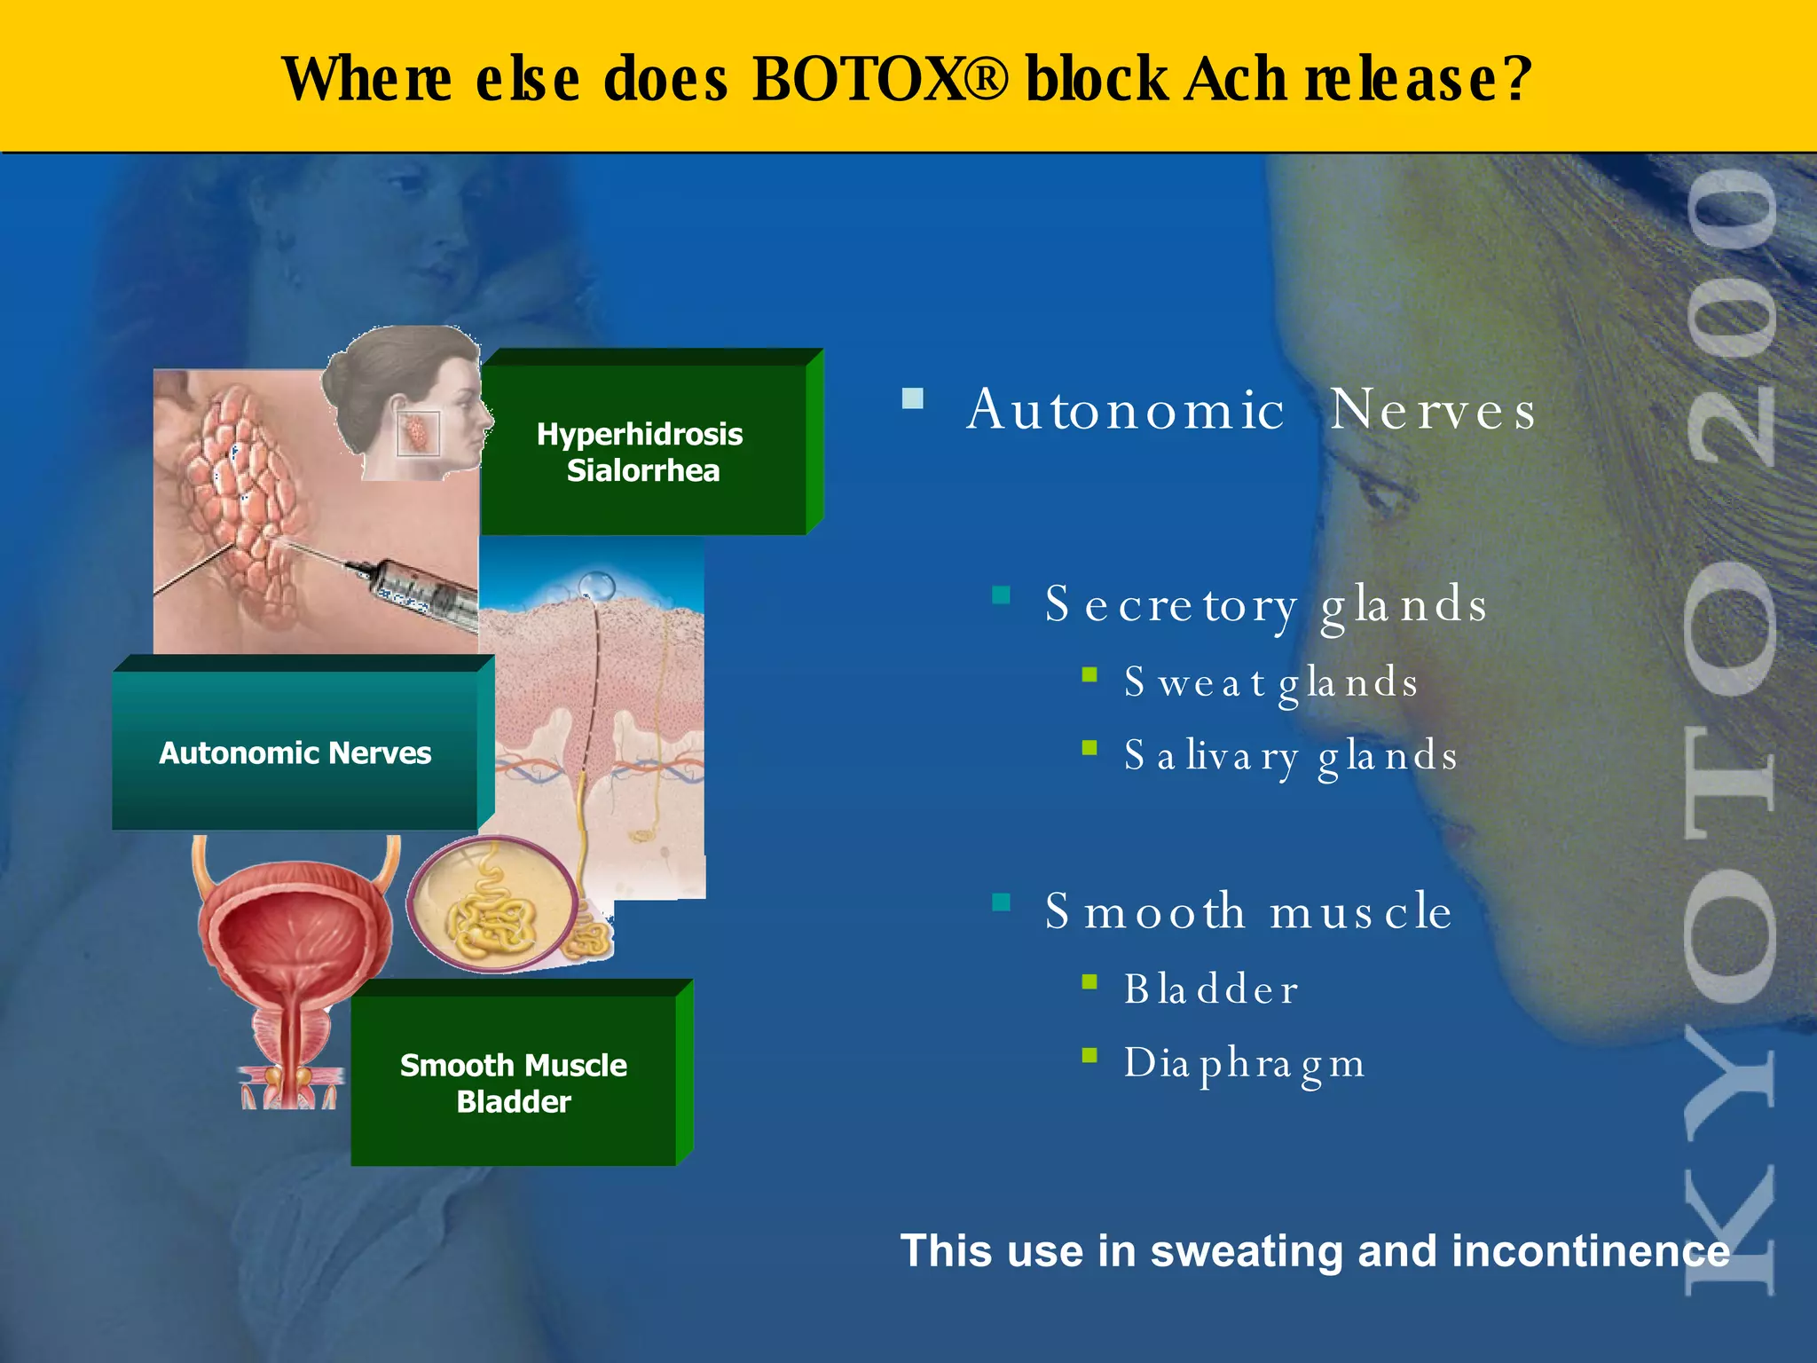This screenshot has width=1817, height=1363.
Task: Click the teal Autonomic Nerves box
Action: (295, 752)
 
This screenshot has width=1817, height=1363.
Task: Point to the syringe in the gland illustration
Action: (417, 590)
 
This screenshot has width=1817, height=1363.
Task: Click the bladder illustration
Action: (293, 958)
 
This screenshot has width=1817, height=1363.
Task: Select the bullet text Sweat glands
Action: (1270, 682)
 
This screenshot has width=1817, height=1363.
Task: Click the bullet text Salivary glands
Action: (1290, 756)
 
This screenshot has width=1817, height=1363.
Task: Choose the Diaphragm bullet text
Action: (1244, 1063)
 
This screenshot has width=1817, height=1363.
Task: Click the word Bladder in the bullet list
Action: (1211, 989)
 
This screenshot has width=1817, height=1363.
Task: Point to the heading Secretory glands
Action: (1265, 605)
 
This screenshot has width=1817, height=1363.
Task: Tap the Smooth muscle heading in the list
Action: (1248, 911)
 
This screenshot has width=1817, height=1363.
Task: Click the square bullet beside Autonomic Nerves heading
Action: (913, 398)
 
